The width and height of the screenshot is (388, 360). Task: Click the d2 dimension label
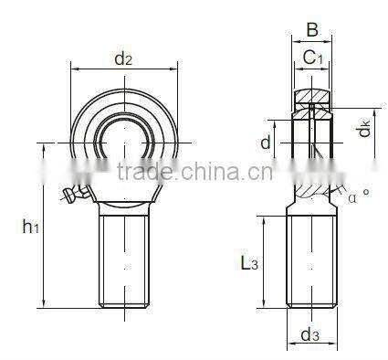[x=123, y=60]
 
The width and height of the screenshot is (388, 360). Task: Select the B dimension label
[x=312, y=30]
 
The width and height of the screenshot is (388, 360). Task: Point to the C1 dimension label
[x=312, y=58]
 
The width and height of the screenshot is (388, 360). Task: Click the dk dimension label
[x=363, y=128]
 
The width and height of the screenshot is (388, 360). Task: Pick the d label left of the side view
[x=265, y=143]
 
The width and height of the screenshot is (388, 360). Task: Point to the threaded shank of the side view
[x=312, y=260]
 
